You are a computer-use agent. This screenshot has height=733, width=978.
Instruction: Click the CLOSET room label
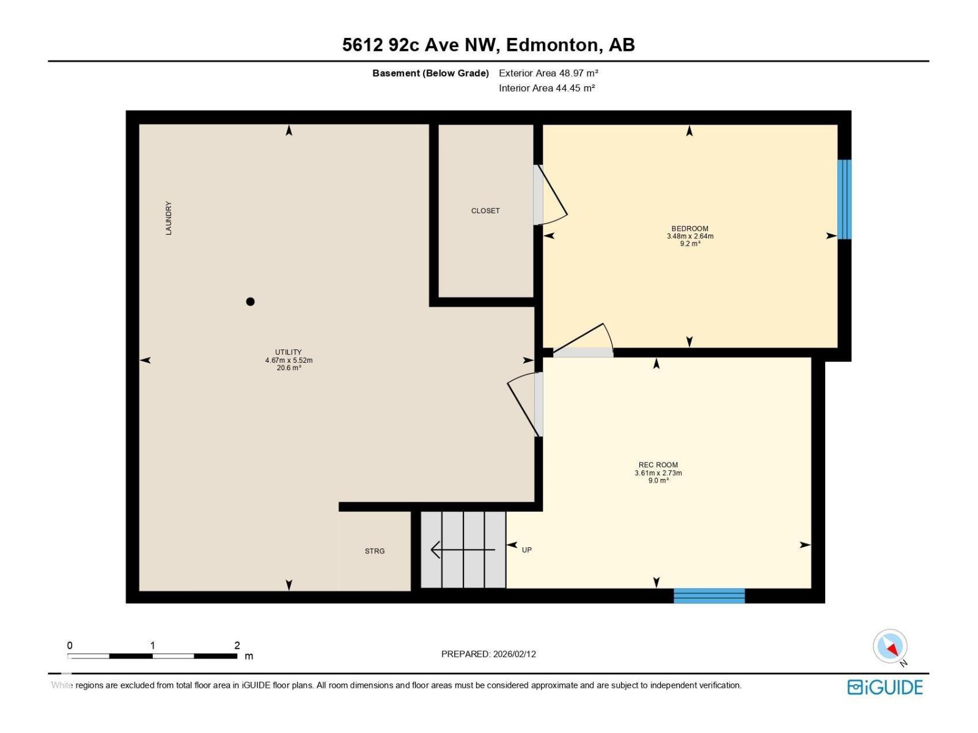(485, 211)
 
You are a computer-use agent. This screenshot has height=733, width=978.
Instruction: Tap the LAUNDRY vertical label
(169, 218)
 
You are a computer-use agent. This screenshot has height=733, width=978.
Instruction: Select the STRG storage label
(375, 551)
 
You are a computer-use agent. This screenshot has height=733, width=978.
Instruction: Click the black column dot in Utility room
(250, 301)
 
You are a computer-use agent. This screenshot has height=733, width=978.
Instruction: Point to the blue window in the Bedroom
(844, 199)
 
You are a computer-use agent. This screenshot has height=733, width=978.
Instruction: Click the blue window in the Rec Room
(709, 596)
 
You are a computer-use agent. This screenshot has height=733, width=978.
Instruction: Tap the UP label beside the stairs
(527, 550)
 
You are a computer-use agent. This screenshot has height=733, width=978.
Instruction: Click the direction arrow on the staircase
(463, 550)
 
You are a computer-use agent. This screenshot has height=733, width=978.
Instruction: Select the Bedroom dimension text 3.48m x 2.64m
(690, 236)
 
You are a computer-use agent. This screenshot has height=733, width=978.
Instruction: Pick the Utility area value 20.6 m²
(289, 368)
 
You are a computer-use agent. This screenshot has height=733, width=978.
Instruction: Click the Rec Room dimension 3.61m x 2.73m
(658, 473)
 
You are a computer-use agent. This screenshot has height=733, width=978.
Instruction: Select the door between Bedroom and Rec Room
(584, 342)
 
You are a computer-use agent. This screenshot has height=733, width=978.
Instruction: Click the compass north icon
(891, 646)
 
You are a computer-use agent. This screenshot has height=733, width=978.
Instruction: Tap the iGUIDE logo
(884, 687)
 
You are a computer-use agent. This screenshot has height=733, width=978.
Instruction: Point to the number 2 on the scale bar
(237, 645)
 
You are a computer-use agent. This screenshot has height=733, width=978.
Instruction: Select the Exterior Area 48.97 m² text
(548, 73)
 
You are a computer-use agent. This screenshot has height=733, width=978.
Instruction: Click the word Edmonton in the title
(552, 45)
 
